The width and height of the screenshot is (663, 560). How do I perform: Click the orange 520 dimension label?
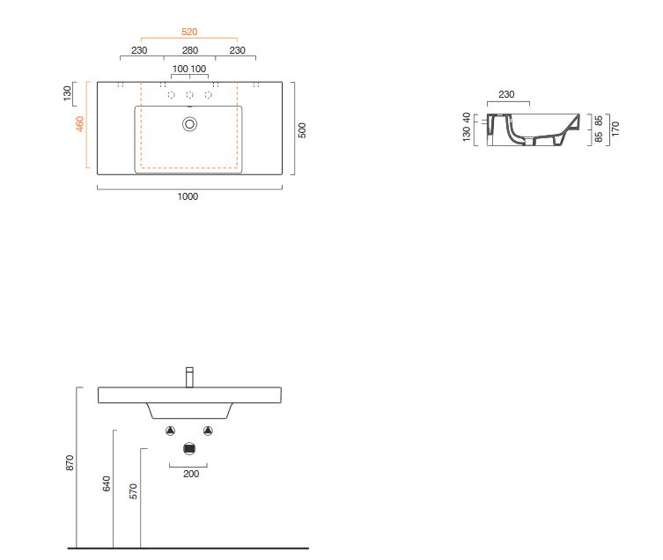[189, 32]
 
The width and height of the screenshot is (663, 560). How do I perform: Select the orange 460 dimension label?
[79, 123]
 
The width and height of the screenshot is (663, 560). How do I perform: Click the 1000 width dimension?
[188, 196]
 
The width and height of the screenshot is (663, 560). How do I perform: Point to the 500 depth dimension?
[301, 129]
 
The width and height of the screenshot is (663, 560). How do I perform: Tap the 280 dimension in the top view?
[190, 50]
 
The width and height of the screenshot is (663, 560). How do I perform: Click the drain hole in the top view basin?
[190, 124]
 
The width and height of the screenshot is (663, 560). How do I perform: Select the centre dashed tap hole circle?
[190, 95]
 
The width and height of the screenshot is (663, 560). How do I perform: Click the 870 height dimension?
[70, 462]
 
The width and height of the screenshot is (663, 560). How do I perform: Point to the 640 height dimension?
[107, 483]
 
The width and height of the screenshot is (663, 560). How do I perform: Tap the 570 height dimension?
[133, 491]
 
